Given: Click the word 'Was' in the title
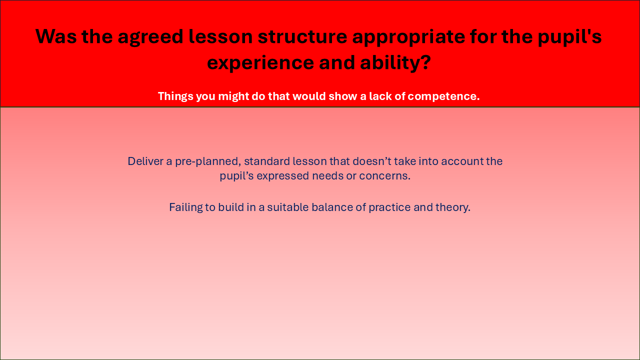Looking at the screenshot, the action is click(x=56, y=36).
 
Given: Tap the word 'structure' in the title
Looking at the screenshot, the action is click(x=302, y=37).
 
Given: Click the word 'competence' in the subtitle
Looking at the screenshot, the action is click(x=442, y=97).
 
